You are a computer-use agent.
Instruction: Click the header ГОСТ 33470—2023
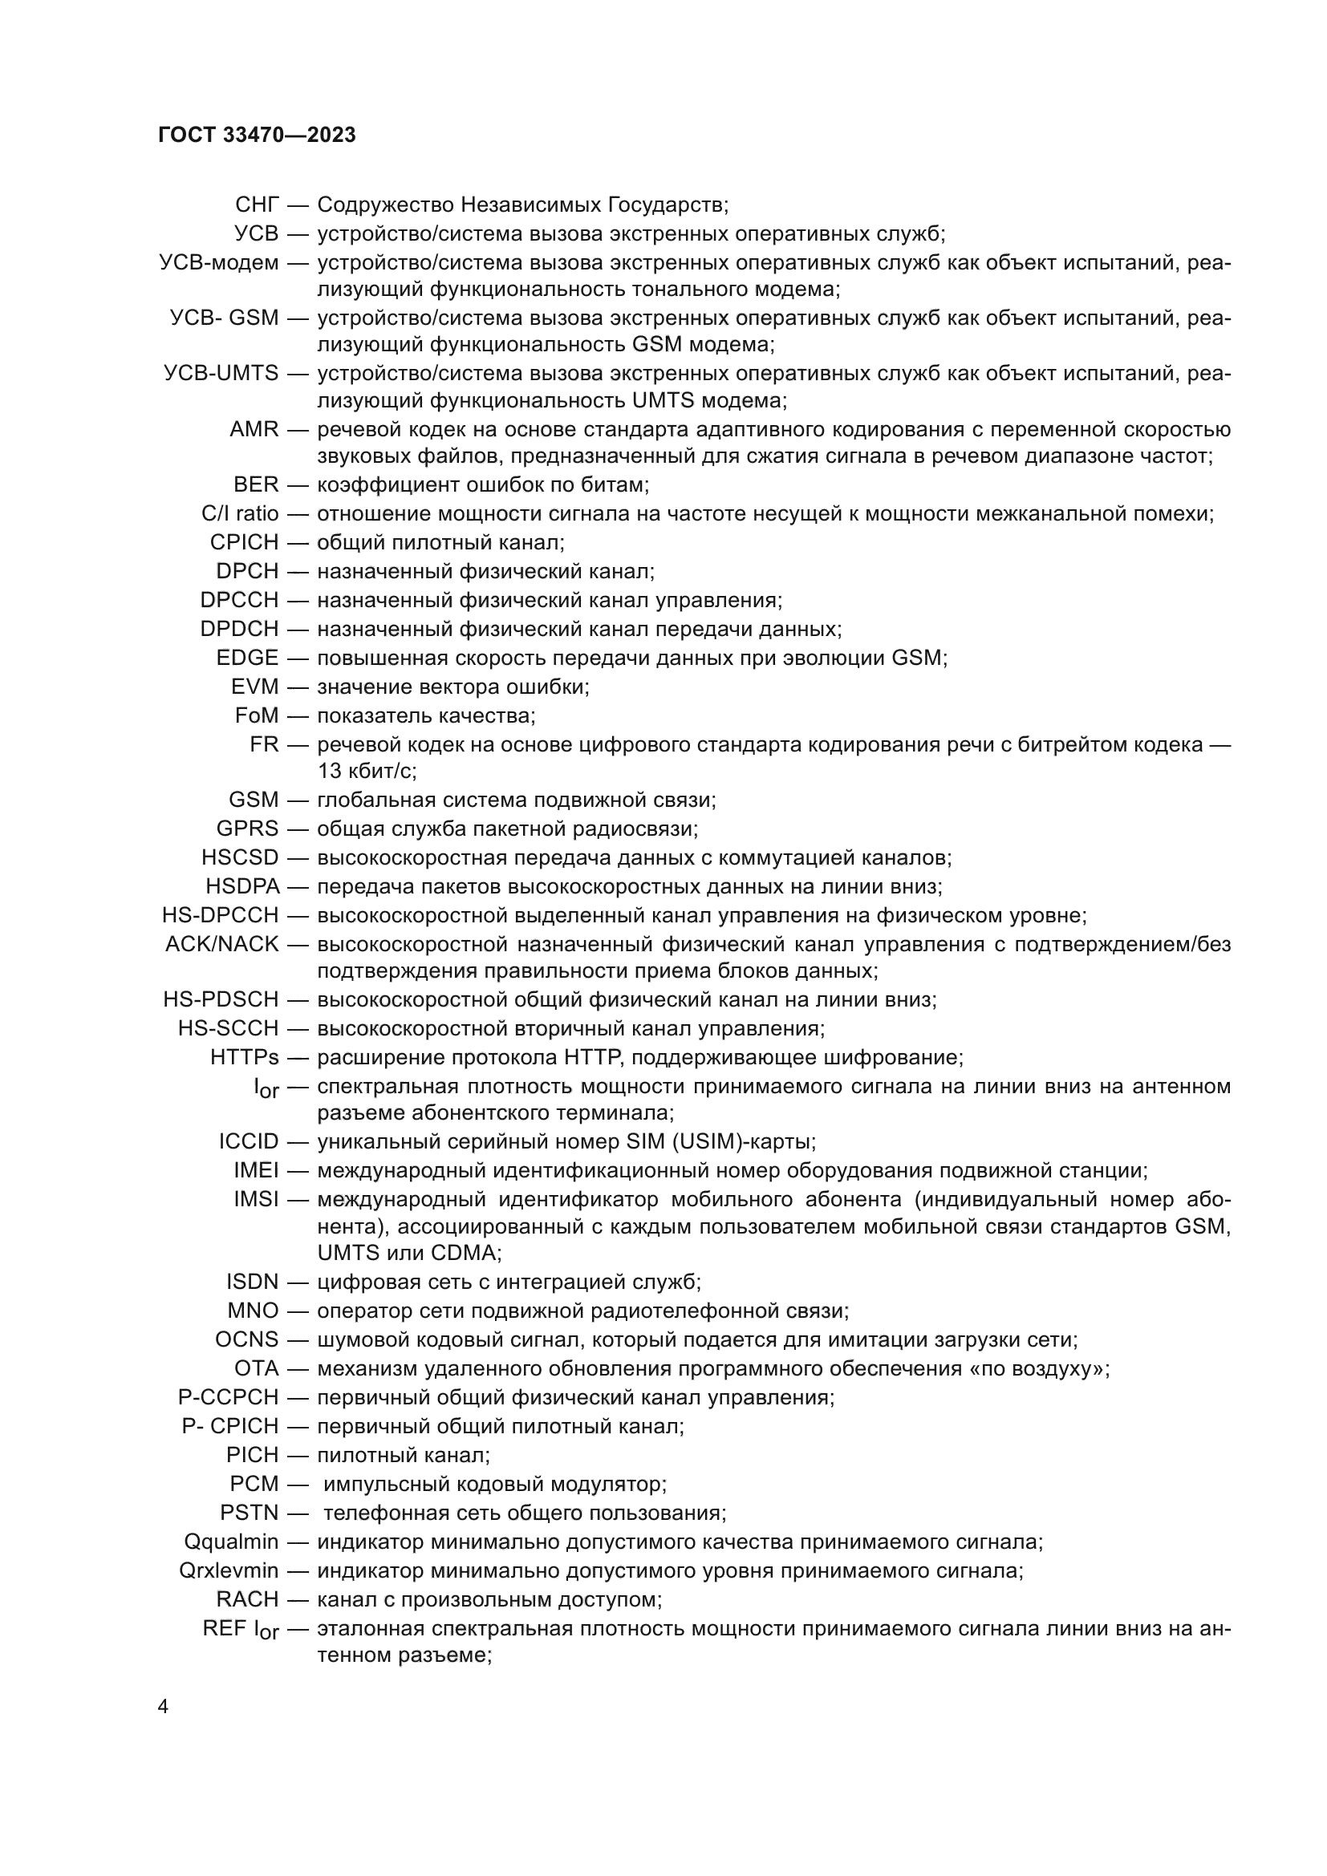[258, 136]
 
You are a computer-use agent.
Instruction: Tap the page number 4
[164, 1707]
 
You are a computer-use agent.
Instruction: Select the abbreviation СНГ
[257, 205]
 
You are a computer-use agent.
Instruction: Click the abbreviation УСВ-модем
[219, 263]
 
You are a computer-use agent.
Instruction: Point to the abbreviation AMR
[254, 430]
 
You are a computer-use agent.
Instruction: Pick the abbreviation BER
[256, 484]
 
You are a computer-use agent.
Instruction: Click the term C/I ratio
[240, 514]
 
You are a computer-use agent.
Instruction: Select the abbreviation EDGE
[248, 658]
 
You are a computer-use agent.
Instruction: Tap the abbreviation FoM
[257, 715]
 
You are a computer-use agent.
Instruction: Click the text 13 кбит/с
[366, 771]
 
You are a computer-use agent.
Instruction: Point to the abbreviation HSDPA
[241, 886]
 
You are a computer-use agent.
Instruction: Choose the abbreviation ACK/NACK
[222, 945]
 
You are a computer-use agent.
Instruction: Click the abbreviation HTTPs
[245, 1057]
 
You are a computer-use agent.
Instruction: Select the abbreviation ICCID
[249, 1141]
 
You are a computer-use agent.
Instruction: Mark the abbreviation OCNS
[247, 1339]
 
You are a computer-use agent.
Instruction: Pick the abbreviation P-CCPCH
[228, 1397]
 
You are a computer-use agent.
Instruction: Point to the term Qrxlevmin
[229, 1570]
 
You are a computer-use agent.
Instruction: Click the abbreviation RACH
[247, 1599]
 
